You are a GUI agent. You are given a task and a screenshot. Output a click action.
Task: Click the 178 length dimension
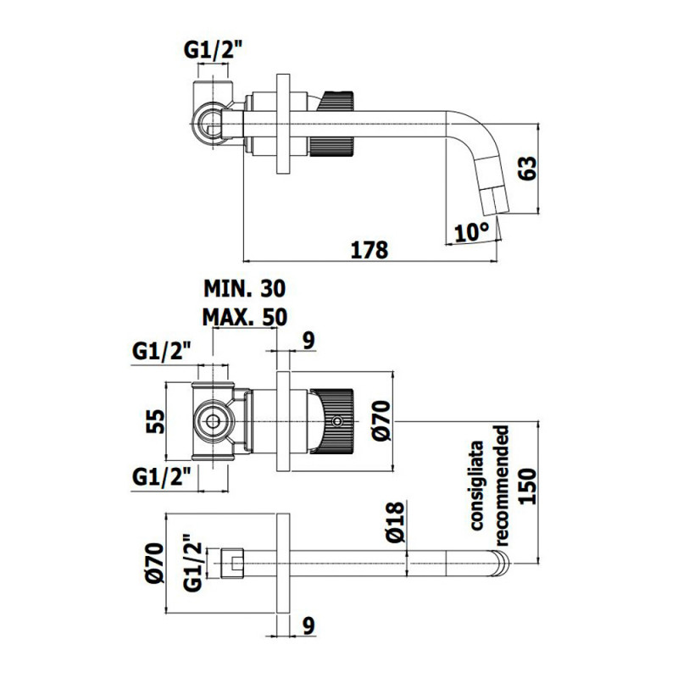[370, 250]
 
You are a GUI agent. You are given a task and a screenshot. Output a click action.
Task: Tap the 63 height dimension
[526, 168]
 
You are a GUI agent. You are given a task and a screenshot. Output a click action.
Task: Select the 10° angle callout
[472, 232]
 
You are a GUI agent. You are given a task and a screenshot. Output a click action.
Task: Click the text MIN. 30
[244, 288]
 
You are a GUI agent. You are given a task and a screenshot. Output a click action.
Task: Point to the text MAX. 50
[244, 317]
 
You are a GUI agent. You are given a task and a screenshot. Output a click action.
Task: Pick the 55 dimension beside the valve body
[156, 421]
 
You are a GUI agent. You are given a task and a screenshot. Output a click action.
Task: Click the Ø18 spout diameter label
[395, 522]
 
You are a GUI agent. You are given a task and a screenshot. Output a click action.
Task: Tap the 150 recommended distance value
[527, 486]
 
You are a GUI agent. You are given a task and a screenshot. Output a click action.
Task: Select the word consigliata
[477, 485]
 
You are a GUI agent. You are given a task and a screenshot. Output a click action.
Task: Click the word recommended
[501, 485]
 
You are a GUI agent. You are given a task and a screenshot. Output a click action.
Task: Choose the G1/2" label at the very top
[212, 51]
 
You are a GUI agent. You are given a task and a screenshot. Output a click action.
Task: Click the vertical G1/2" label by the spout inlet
[192, 562]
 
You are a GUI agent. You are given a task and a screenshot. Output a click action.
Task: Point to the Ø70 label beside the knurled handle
[381, 421]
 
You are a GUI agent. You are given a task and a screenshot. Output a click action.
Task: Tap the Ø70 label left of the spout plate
[155, 563]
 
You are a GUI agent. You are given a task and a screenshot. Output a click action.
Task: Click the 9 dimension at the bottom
[308, 625]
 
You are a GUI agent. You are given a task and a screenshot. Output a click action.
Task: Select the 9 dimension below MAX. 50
[308, 341]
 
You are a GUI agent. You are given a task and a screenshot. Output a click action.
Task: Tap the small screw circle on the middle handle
[336, 420]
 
